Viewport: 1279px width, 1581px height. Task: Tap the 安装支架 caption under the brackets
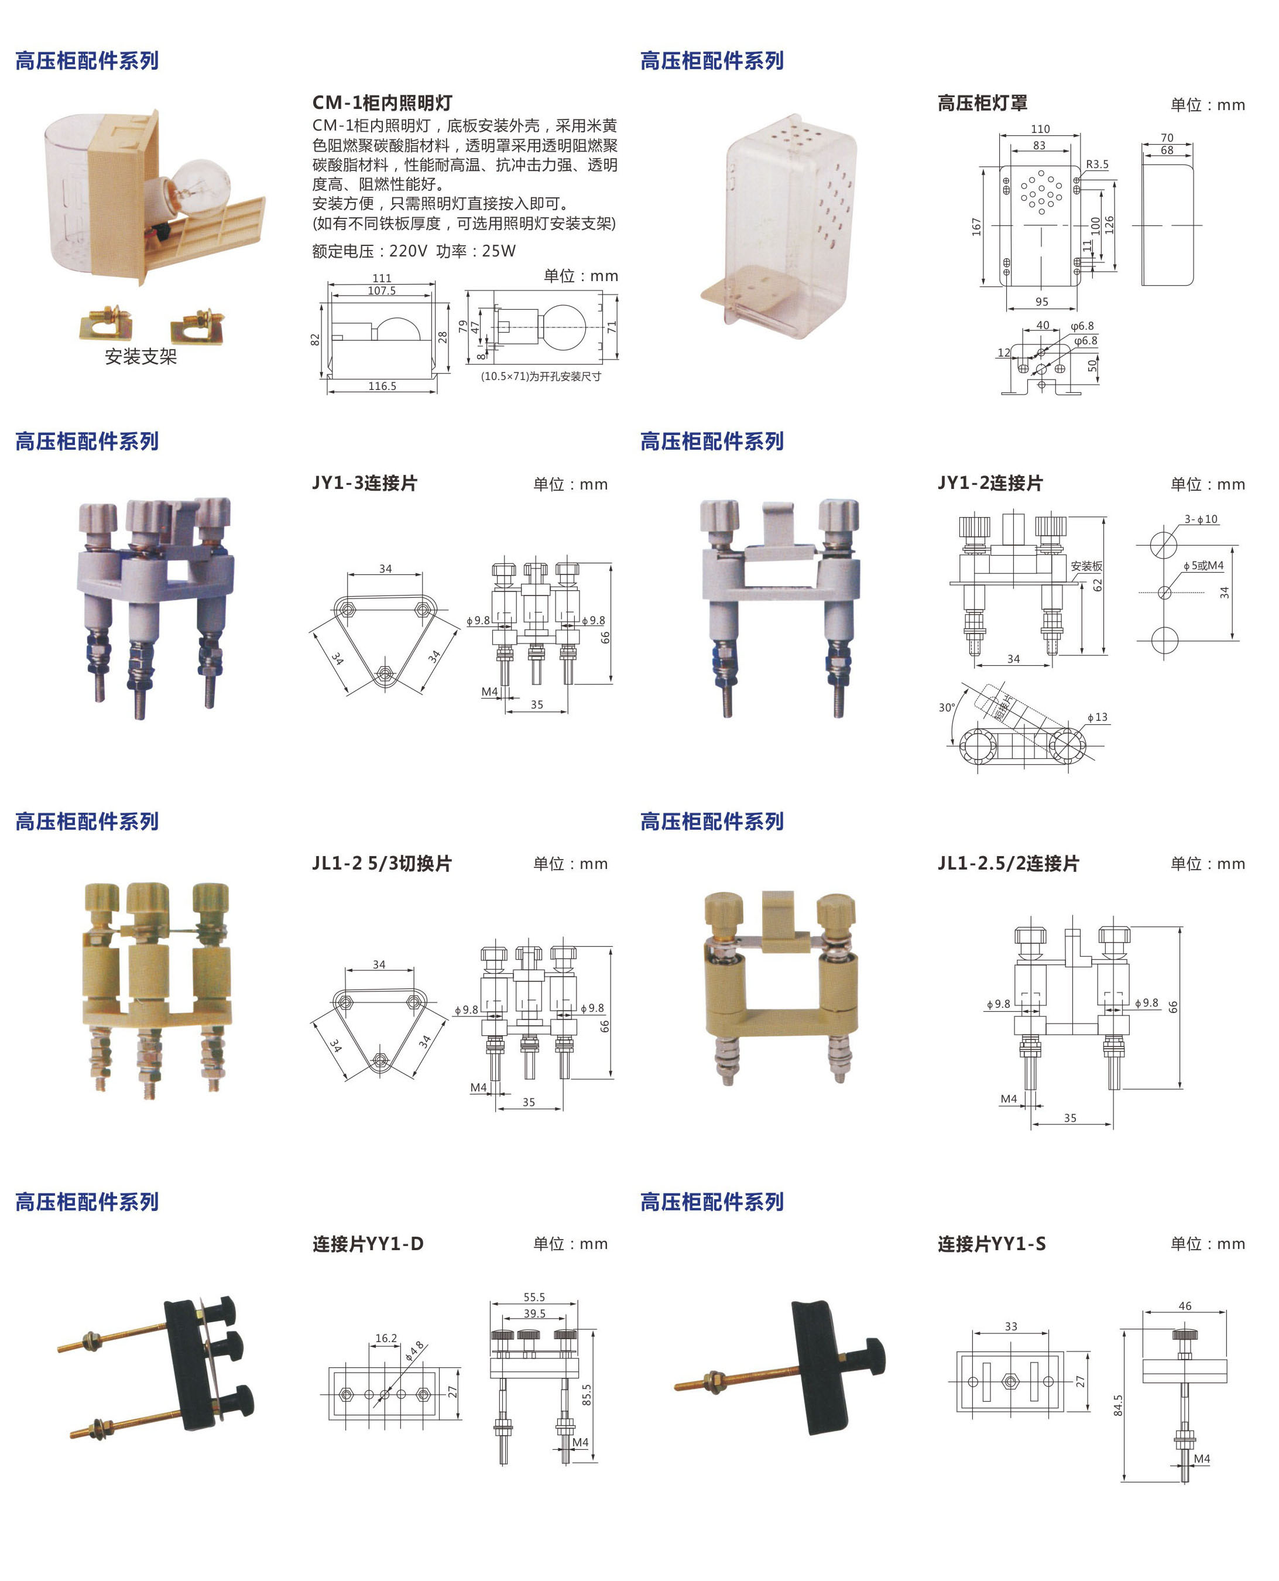tap(140, 357)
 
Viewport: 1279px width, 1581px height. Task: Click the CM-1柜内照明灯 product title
tap(382, 103)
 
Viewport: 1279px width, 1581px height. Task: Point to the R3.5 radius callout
tap(1096, 165)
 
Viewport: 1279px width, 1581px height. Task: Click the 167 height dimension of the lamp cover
tap(976, 227)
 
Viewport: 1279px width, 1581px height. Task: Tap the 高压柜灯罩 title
tap(982, 103)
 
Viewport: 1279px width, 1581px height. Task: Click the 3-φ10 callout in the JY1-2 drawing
tap(1201, 519)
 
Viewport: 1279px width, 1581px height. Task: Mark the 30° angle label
tap(947, 707)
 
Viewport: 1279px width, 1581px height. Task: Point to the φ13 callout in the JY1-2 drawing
tap(1097, 717)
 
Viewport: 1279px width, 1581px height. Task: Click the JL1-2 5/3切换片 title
tap(382, 863)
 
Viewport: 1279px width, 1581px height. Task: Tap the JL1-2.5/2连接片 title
tap(1008, 863)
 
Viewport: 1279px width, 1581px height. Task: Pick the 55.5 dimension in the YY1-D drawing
tap(534, 1296)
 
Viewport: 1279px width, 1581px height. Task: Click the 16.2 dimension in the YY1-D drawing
tap(386, 1338)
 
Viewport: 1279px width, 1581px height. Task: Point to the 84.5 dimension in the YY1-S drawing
tap(1117, 1405)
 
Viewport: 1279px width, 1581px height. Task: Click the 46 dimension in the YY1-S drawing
tap(1185, 1305)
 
